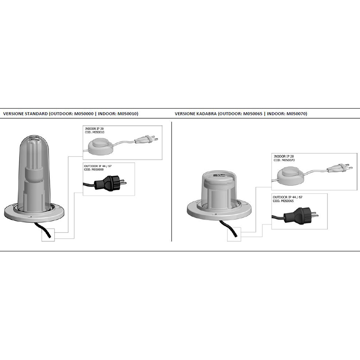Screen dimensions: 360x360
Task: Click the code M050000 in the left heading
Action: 84,114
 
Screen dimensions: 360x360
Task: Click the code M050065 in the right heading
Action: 253,114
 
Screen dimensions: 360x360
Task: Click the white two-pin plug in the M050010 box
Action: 146,139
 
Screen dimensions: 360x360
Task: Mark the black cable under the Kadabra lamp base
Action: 229,229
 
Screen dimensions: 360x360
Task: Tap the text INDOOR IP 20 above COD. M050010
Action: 94,129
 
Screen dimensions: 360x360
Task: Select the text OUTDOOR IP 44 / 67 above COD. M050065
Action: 288,197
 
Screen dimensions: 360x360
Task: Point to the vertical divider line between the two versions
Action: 172,182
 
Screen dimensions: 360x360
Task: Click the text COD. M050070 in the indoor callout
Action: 284,160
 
